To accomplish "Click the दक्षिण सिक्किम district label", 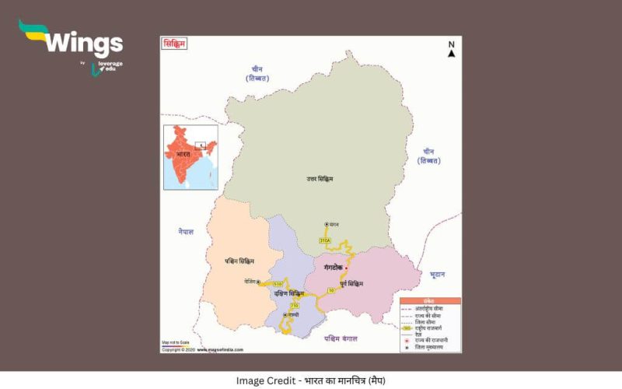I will (288, 293).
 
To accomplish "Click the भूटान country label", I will (437, 275).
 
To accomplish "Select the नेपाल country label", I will (184, 231).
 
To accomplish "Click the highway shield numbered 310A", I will (325, 241).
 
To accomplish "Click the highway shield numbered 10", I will (331, 290).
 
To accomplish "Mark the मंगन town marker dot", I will (327, 224).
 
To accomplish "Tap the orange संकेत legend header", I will (430, 300).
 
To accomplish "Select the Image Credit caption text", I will (310, 380).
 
